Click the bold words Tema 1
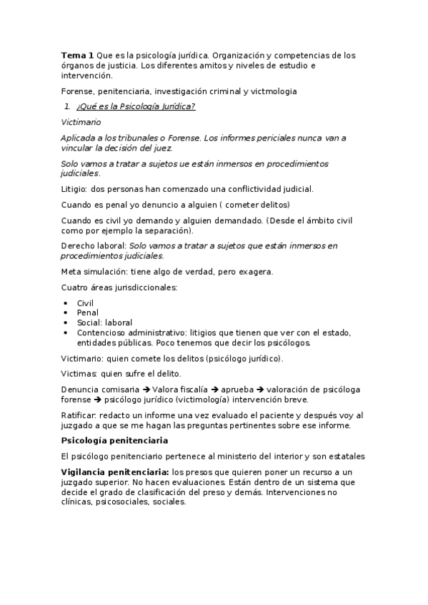click(x=77, y=55)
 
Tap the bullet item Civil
click(x=85, y=303)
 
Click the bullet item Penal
click(x=87, y=312)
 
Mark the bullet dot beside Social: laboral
click(x=66, y=322)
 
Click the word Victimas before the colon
click(x=79, y=373)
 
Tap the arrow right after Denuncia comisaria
click(x=146, y=389)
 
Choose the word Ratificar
click(x=79, y=415)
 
